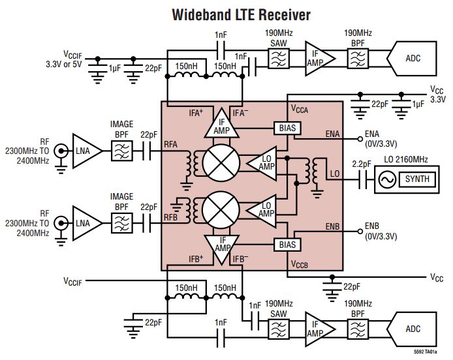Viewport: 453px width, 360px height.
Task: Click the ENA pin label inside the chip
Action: (332, 133)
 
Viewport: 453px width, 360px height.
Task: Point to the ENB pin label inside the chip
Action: (332, 226)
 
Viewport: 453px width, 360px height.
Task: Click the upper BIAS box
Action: (287, 128)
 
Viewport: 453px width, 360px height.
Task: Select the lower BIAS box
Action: (287, 245)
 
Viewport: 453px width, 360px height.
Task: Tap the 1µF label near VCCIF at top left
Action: (116, 68)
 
